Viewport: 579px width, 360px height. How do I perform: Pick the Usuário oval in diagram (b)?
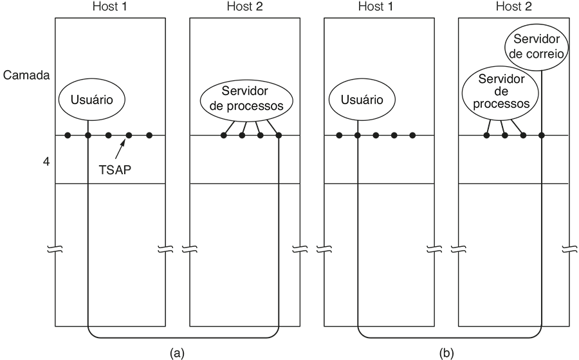(361, 100)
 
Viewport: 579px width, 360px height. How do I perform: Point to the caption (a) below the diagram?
(176, 352)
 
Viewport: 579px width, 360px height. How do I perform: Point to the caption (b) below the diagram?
(445, 352)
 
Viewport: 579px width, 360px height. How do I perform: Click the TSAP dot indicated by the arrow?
(129, 135)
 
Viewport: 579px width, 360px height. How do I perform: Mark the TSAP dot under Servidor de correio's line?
(542, 135)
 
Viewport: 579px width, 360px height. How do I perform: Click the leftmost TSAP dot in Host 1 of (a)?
(68, 135)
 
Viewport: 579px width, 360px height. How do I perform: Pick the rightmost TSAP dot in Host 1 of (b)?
(412, 135)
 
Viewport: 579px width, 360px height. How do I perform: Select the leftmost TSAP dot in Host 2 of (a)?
(224, 135)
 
